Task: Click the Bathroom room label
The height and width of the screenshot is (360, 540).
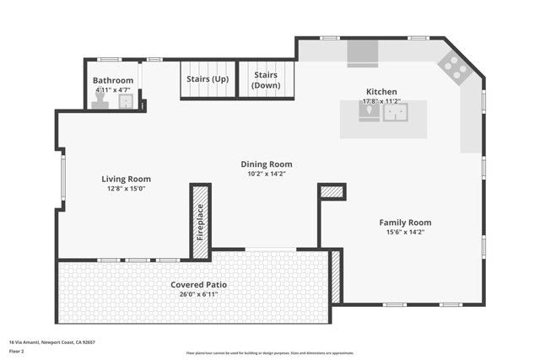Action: point(113,81)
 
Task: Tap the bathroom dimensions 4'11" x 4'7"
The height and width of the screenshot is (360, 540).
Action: point(112,89)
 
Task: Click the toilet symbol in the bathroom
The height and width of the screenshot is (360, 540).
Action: point(100,99)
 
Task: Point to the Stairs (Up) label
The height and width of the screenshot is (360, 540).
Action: point(207,79)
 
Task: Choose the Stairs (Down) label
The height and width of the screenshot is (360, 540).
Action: point(267,79)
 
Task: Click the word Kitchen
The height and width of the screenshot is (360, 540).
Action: point(381,92)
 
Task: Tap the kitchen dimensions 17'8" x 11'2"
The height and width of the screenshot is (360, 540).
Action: point(381,101)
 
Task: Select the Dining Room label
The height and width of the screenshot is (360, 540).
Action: point(267,164)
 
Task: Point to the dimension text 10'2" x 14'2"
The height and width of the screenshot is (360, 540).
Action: point(267,174)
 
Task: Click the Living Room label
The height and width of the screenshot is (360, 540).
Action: point(126,179)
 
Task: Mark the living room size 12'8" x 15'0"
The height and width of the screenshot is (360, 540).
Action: point(126,188)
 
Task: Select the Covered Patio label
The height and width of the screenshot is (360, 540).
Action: point(198,285)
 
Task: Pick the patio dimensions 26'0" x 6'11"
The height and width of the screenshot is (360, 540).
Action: point(198,294)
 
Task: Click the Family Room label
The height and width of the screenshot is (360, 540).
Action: point(408,223)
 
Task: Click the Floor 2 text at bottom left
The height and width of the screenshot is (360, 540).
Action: point(18,351)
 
